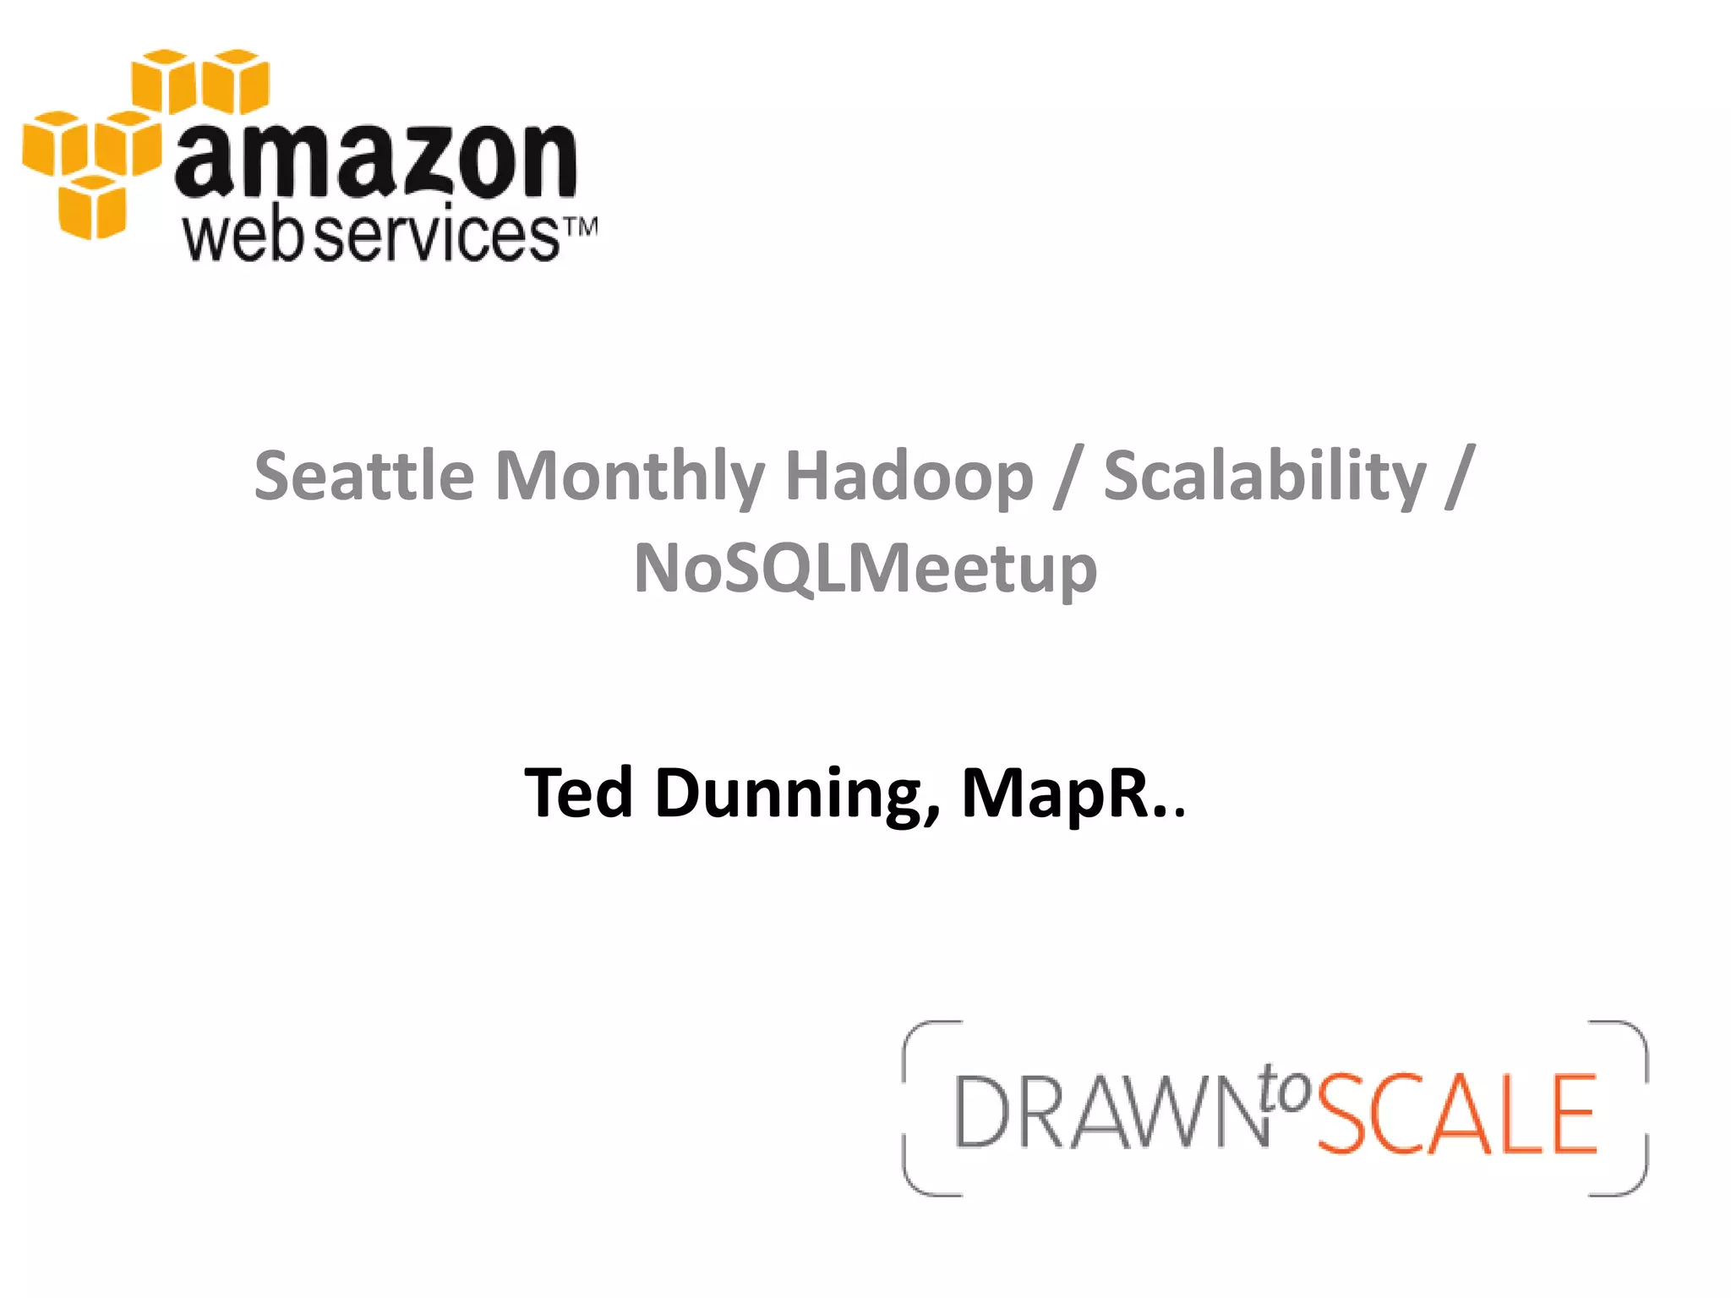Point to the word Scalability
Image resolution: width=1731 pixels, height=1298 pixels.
pos(1264,476)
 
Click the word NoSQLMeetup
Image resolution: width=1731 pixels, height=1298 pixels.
pos(865,569)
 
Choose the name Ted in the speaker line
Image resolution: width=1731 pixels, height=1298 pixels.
pos(578,793)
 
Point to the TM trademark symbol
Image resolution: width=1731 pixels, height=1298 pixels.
pos(581,227)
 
